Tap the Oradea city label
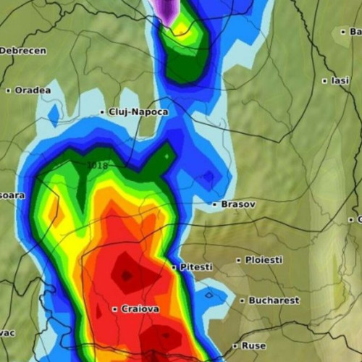click(33, 90)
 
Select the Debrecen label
click(22, 51)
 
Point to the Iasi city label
click(340, 80)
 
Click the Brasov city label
click(238, 205)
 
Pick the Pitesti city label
click(196, 267)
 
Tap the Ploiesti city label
click(264, 259)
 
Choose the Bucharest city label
click(274, 300)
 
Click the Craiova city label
click(140, 309)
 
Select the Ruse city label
click(253, 345)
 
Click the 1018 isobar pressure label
click(97, 166)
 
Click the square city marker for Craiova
click(114, 309)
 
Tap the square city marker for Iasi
click(325, 80)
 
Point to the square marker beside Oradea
click(8, 90)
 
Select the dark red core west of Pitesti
click(127, 274)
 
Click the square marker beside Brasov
click(214, 205)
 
